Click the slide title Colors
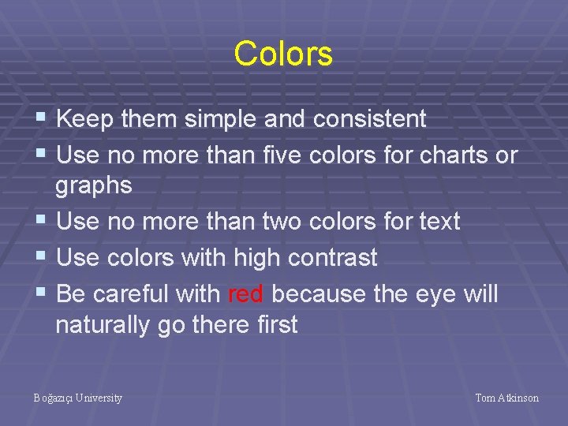(283, 54)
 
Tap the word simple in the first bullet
(223, 119)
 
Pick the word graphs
(93, 186)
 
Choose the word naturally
(104, 325)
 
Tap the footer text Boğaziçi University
(78, 398)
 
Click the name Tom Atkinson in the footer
(506, 398)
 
